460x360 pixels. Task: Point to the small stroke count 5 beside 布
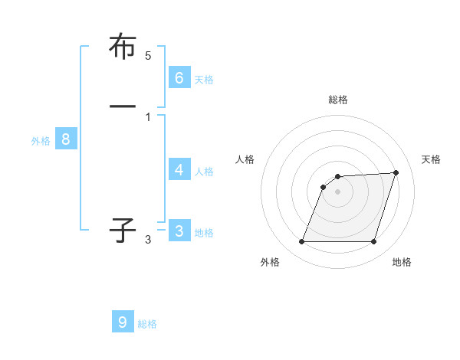coord(148,56)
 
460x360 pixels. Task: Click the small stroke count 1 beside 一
coord(148,116)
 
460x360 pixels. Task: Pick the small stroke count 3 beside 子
coord(148,240)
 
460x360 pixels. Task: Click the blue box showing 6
coord(179,78)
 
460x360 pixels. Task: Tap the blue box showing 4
coord(179,170)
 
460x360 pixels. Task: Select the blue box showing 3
coord(179,231)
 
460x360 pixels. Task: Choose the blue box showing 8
coord(66,139)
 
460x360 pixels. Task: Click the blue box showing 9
coord(123,322)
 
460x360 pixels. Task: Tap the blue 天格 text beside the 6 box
coord(204,80)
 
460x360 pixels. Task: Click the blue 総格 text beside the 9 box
coord(147,324)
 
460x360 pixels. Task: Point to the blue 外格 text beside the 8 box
coord(41,141)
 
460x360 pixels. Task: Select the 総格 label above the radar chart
coord(337,100)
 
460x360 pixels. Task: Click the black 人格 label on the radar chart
coord(245,159)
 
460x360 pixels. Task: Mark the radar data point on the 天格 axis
coord(396,172)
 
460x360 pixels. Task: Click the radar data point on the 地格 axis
coord(373,241)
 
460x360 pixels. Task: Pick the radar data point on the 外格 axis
coord(301,241)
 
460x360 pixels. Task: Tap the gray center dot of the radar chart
coord(337,191)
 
